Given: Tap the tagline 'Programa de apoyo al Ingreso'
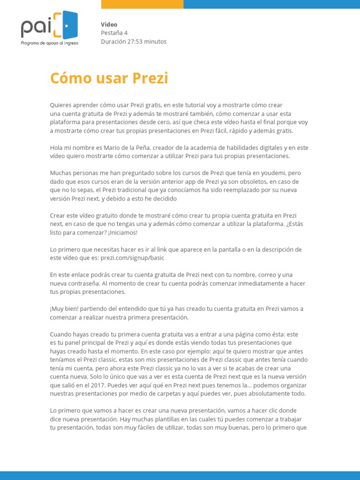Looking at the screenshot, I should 50,43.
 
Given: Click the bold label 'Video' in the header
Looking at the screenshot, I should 109,24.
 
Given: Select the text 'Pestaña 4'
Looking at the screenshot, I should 114,33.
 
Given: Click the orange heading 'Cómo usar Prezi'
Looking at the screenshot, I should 109,78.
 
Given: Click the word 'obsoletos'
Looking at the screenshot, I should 253,181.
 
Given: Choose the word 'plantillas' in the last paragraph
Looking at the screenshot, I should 156,419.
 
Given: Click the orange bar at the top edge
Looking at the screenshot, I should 142,4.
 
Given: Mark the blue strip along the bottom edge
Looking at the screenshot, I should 180,476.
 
